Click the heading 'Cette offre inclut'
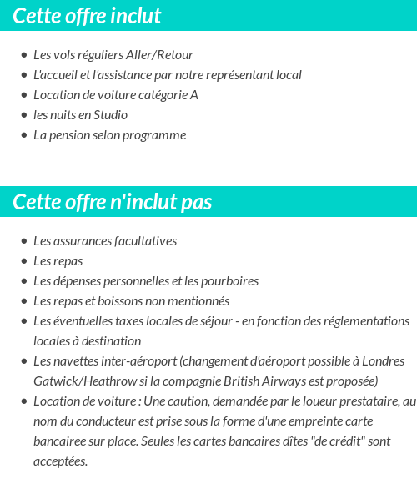87,16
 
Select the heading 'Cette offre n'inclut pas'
113,202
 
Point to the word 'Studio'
110,115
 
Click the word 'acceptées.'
60,461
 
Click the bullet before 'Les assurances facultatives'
23,241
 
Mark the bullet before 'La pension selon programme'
23,135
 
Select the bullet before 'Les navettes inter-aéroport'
23,361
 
